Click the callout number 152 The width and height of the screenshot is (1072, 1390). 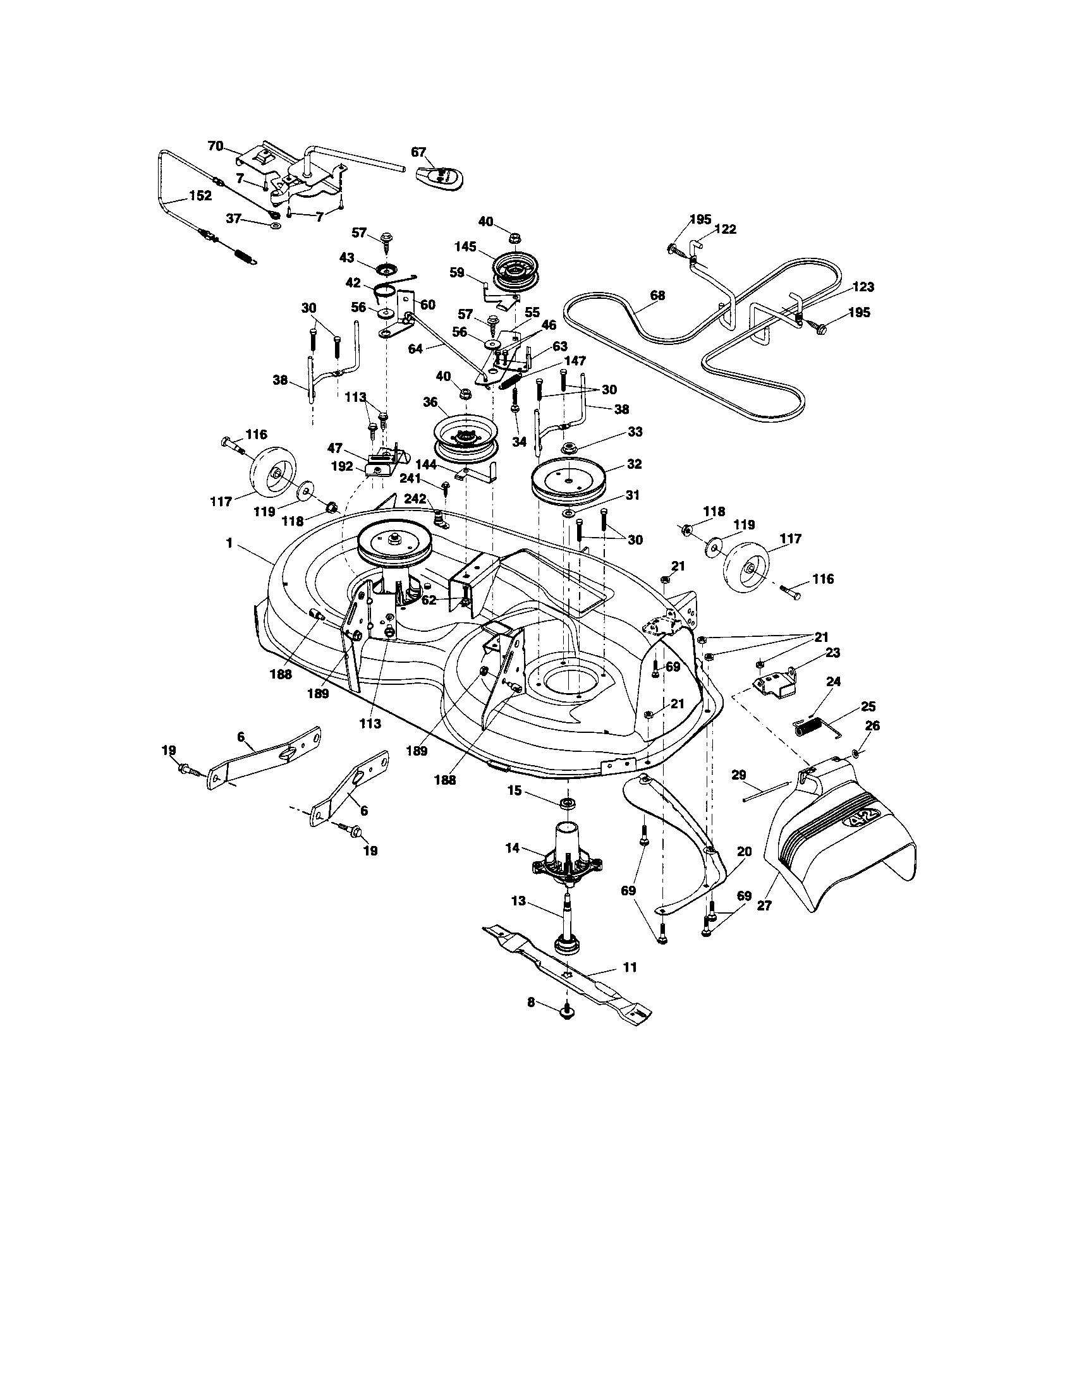pyautogui.click(x=199, y=196)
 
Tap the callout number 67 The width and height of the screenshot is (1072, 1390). pyautogui.click(x=418, y=152)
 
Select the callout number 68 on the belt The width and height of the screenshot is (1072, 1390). pyautogui.click(x=657, y=295)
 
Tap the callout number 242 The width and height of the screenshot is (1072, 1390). pyautogui.click(x=414, y=499)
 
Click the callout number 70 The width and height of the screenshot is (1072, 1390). pyautogui.click(x=215, y=146)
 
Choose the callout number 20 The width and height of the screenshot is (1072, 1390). pyautogui.click(x=744, y=852)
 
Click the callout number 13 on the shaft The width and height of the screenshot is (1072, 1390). pyautogui.click(x=519, y=900)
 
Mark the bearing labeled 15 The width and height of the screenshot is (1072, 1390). pyautogui.click(x=565, y=803)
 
